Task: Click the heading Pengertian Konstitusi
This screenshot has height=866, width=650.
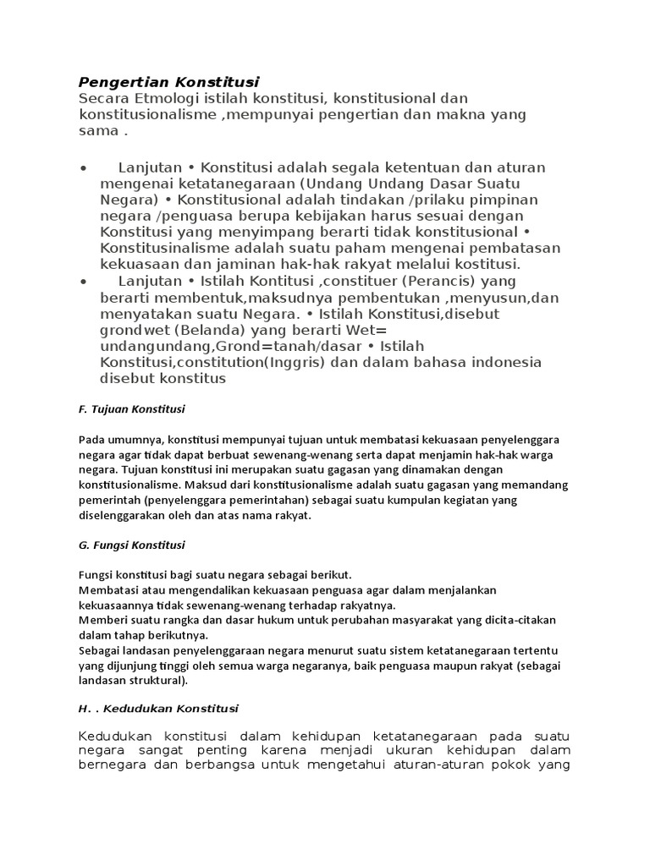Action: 168,82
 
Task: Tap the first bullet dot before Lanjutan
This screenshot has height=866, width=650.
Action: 83,168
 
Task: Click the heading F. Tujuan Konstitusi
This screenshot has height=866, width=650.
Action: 131,409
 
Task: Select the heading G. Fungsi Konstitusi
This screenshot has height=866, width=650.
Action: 131,545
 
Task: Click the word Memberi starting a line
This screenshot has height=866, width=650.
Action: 101,620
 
